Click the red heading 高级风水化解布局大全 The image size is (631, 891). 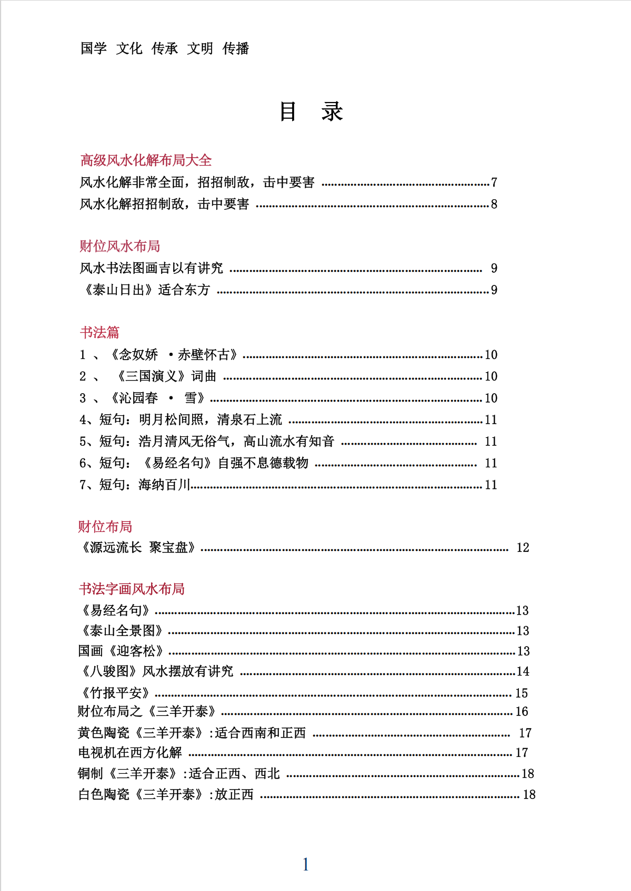[146, 160]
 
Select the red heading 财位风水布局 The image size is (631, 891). [119, 246]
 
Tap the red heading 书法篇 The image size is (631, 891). [99, 332]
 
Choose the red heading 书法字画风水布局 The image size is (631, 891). [132, 589]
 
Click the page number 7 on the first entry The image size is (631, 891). [494, 182]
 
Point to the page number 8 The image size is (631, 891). [494, 204]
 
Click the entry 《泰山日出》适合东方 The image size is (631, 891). [146, 290]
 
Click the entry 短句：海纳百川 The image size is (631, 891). [135, 485]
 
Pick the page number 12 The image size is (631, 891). [523, 548]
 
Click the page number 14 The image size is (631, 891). [523, 671]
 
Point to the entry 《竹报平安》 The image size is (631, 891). [115, 693]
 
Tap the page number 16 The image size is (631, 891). [522, 712]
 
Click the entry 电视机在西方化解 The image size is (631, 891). [130, 753]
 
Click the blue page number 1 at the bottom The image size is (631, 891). [306, 864]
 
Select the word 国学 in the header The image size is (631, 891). [94, 49]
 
